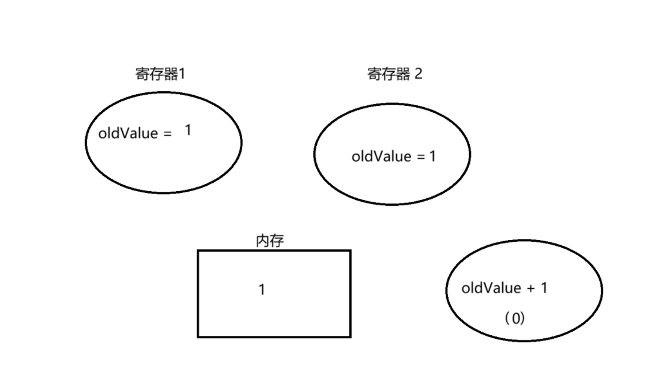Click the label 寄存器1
[x=161, y=74]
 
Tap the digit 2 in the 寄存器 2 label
[x=417, y=74]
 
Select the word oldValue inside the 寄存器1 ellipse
[x=128, y=134]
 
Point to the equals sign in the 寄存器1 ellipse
[x=168, y=134]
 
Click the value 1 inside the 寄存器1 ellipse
[x=188, y=131]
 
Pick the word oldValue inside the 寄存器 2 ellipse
[x=381, y=157]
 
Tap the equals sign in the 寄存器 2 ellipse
[x=420, y=157]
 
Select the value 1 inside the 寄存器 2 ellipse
[x=432, y=157]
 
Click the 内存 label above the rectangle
[x=270, y=241]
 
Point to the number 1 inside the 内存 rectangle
[x=262, y=289]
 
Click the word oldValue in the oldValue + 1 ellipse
[x=491, y=288]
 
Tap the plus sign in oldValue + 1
[x=531, y=288]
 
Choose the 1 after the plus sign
[x=544, y=288]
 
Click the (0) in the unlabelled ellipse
[x=514, y=318]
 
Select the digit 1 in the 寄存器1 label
[x=182, y=74]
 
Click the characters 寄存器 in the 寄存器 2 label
[x=387, y=74]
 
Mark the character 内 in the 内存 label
[x=263, y=241]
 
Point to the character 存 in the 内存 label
[x=278, y=241]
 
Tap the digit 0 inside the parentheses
[x=516, y=318]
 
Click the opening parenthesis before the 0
[x=507, y=318]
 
